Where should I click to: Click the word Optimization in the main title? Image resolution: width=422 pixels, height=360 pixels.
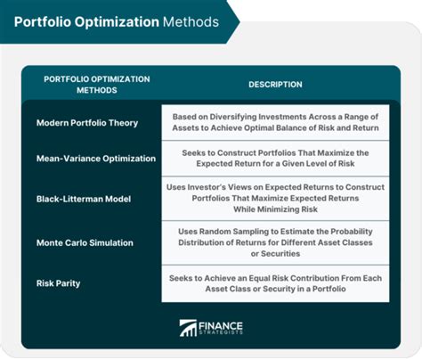117,22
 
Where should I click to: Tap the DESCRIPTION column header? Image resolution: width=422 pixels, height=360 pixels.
275,85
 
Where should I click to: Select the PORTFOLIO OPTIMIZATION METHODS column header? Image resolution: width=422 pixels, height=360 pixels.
97,85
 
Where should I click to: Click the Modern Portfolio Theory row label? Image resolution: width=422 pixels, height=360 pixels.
87,123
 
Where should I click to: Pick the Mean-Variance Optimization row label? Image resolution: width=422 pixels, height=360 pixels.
96,159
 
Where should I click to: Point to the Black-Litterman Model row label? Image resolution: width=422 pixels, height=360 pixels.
84,199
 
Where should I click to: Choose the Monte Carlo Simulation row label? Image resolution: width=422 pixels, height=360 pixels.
85,242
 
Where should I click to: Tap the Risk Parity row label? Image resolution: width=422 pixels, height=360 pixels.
59,283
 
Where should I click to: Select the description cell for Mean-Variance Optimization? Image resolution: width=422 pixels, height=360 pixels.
275,159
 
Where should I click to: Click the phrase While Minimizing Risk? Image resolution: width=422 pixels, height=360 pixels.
275,209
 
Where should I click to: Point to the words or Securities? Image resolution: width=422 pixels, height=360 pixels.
275,254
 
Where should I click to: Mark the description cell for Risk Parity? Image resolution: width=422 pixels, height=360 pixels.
275,283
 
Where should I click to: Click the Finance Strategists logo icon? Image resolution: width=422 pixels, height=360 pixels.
188,328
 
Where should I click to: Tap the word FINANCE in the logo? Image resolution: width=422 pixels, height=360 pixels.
221,326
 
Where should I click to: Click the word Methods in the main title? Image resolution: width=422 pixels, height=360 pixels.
191,22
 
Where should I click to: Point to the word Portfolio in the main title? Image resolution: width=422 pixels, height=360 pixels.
43,22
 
